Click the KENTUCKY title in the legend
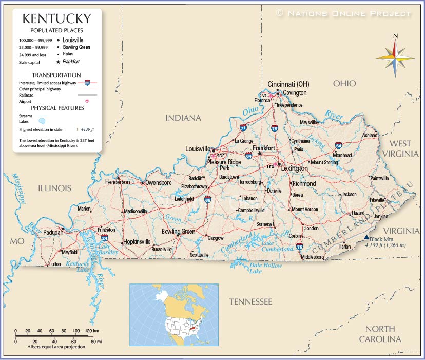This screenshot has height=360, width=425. pos(56,20)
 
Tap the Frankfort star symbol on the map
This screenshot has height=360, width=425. pos(260,153)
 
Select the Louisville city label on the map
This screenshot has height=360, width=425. pos(199,149)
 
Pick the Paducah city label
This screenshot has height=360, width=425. pos(53,233)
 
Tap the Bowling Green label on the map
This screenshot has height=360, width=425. pos(178,232)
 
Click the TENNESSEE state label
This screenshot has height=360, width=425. pos(250,301)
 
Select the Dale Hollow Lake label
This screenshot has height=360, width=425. pos(265,268)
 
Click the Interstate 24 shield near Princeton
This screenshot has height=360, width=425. pos(104,238)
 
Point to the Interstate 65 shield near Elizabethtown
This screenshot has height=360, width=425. pos(207,199)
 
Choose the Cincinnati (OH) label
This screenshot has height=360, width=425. pos(288,84)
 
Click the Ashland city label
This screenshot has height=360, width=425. pos(370,135)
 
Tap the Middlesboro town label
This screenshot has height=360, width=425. pos(313,256)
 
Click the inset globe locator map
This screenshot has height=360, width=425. pos(174,314)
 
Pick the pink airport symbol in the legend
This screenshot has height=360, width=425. pos(87,101)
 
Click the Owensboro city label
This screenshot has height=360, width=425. pos(158,182)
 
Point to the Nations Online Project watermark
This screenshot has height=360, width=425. pos(344,13)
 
